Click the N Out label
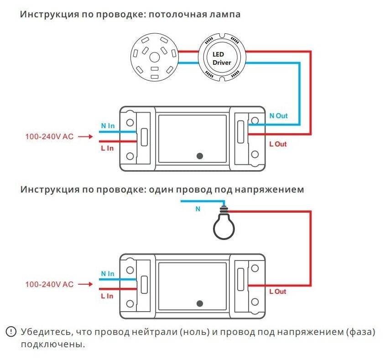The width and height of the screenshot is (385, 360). (278, 116)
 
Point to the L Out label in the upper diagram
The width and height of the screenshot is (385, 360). (278, 144)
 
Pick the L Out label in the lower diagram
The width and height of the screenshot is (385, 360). (278, 292)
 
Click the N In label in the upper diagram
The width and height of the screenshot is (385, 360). (108, 125)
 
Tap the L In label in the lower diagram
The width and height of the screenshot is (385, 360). (107, 296)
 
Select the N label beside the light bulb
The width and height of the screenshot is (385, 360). (198, 209)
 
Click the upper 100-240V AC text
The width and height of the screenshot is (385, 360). (49, 136)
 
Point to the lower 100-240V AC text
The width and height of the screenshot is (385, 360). (49, 284)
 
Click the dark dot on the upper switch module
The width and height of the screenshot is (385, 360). (200, 156)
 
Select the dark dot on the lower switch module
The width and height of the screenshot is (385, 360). (200, 303)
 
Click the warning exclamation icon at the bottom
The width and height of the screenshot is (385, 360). (10, 332)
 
